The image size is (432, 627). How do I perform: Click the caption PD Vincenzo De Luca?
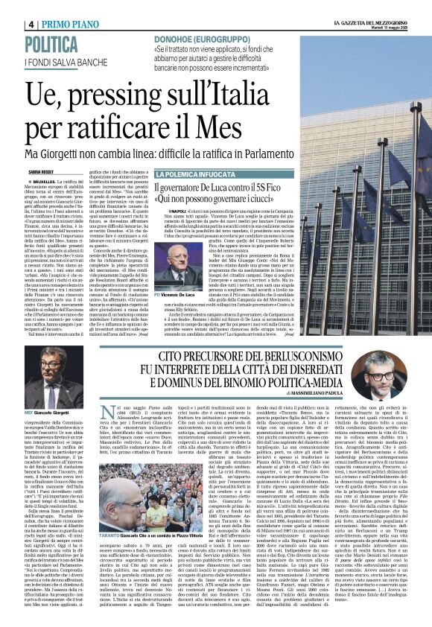(x=156, y=274)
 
